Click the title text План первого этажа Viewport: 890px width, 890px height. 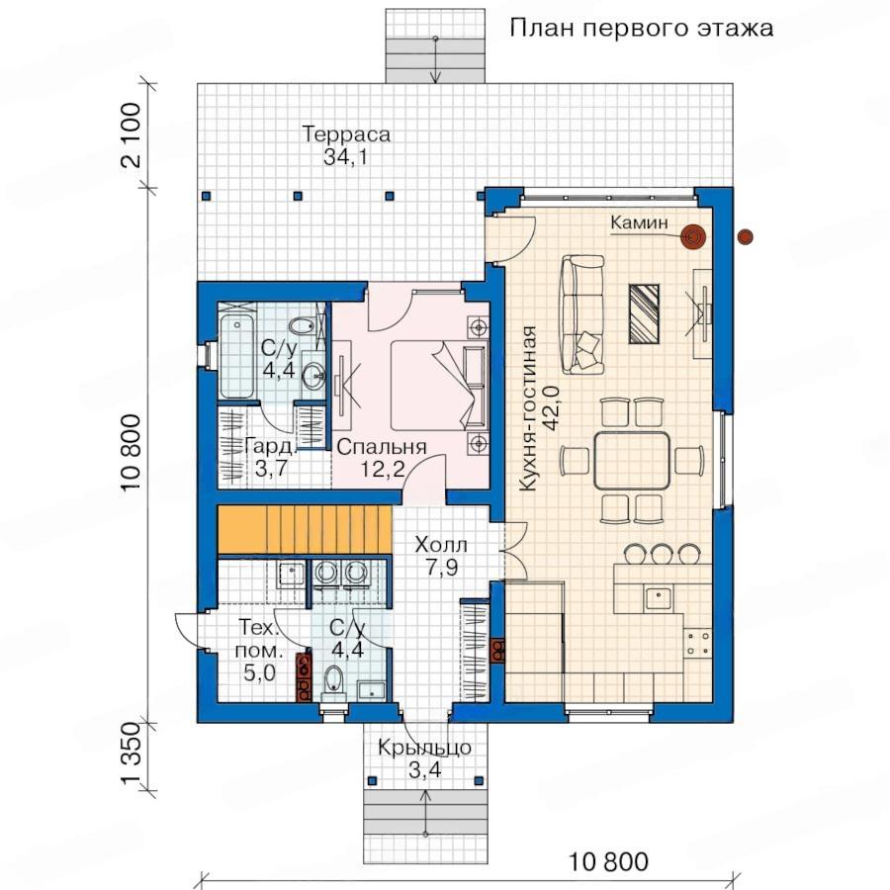[x=642, y=28]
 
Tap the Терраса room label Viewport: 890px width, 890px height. [x=346, y=134]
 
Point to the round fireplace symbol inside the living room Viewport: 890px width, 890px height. [x=693, y=236]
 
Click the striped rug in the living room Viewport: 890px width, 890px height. [x=644, y=313]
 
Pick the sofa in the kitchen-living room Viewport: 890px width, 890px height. [x=582, y=314]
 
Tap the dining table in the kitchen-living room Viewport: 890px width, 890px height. [x=632, y=460]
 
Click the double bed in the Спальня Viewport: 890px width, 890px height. [x=439, y=385]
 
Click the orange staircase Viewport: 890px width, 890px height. [x=305, y=529]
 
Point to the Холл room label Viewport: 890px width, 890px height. [x=441, y=546]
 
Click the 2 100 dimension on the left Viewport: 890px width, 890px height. [x=131, y=134]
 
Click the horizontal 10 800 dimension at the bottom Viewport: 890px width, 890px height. [x=608, y=861]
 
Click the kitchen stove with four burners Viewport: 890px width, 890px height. [x=697, y=642]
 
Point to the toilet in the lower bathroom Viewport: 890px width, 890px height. [x=334, y=679]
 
